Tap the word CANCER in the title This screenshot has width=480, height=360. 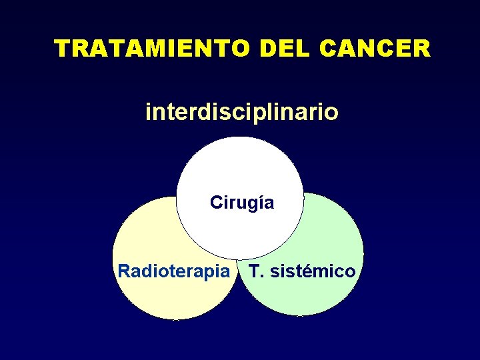click(x=375, y=49)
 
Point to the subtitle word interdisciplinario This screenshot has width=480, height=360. click(x=241, y=112)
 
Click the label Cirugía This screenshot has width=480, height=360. click(x=241, y=203)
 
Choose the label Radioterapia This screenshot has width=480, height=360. click(x=177, y=271)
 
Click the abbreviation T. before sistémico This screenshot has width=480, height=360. click(x=256, y=271)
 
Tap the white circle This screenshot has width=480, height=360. click(x=240, y=173)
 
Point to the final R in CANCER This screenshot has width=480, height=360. click(x=421, y=49)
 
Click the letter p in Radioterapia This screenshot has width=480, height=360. click(x=214, y=273)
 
